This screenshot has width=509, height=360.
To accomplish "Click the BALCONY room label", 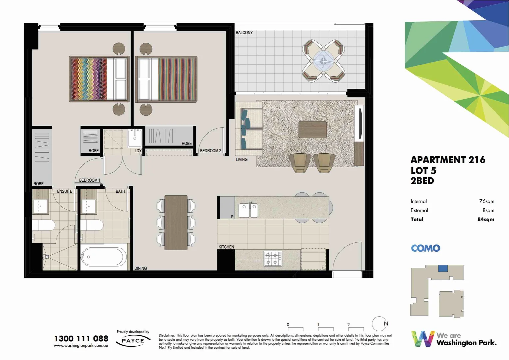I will tap(244, 33).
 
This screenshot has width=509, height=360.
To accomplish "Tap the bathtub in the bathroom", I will tap(104, 257).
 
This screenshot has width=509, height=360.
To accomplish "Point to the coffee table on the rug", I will tap(312, 129).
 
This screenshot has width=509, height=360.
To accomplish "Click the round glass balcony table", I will tap(323, 61).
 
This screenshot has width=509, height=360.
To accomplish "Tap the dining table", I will tap(176, 222).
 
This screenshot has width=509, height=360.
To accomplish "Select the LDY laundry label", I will tap(138, 151).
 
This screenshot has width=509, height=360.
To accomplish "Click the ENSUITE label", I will tap(65, 191).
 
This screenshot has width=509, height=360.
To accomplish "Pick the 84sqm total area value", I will tap(486, 219).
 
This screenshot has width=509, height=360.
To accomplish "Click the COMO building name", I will tap(425, 248).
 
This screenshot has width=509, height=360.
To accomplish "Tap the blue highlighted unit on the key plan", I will tap(443, 268).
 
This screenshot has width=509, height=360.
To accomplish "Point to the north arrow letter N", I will tap(386, 324).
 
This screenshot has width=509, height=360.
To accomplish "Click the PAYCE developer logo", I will tap(133, 341).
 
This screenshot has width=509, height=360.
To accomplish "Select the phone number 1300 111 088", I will tap(81, 339).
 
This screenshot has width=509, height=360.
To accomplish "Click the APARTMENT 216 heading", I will tap(448, 160).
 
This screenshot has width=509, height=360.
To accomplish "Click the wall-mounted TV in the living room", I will tap(360, 123).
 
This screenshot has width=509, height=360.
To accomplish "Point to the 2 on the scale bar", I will tap(348, 325).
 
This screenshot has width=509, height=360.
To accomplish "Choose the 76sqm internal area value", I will tap(486, 201).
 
